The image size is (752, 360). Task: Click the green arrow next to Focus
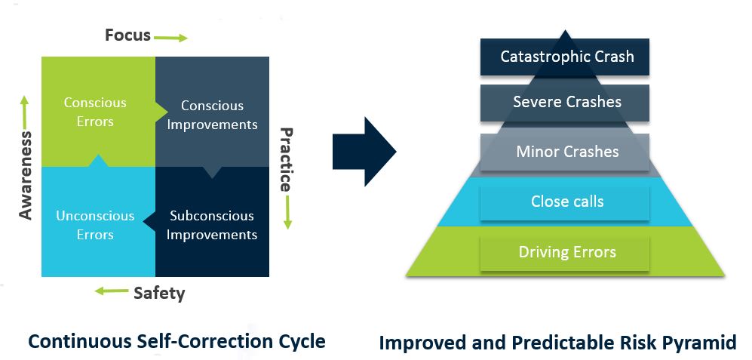tap(170, 38)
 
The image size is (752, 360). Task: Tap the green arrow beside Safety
tap(112, 291)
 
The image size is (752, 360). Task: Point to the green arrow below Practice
tap(287, 211)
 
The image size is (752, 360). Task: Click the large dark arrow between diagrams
tap(364, 151)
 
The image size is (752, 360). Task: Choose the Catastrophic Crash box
tap(565, 57)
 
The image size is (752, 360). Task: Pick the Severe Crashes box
tap(565, 103)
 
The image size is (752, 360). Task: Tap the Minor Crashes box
tap(565, 152)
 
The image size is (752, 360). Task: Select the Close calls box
tap(565, 202)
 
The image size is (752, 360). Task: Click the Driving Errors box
tap(565, 253)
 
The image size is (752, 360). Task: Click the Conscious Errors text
tap(95, 112)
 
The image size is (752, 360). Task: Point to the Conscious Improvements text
tap(212, 115)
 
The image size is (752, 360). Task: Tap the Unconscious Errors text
tap(95, 225)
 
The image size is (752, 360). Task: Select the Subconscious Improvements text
tap(212, 225)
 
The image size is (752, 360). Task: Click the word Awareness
tap(25, 175)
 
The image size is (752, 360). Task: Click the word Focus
tap(127, 35)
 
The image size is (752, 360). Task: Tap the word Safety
tap(159, 293)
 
